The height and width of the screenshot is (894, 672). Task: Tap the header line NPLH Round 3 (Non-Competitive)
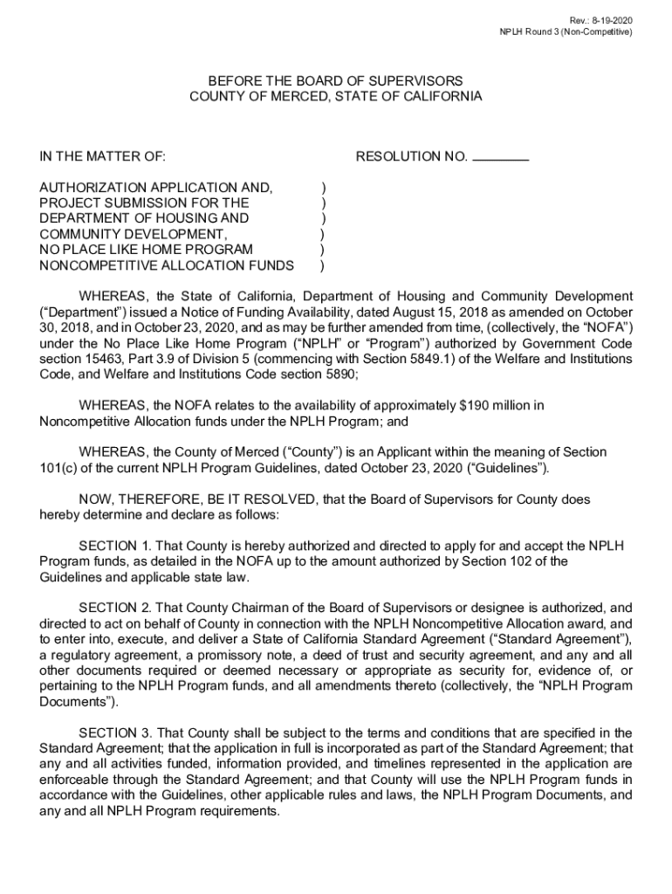[x=565, y=32]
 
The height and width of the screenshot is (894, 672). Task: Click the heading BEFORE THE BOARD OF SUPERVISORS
[x=336, y=80]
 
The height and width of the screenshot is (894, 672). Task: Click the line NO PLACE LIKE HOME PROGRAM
[x=134, y=250]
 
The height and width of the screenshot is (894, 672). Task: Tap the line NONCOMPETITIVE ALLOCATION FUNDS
[x=167, y=265]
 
